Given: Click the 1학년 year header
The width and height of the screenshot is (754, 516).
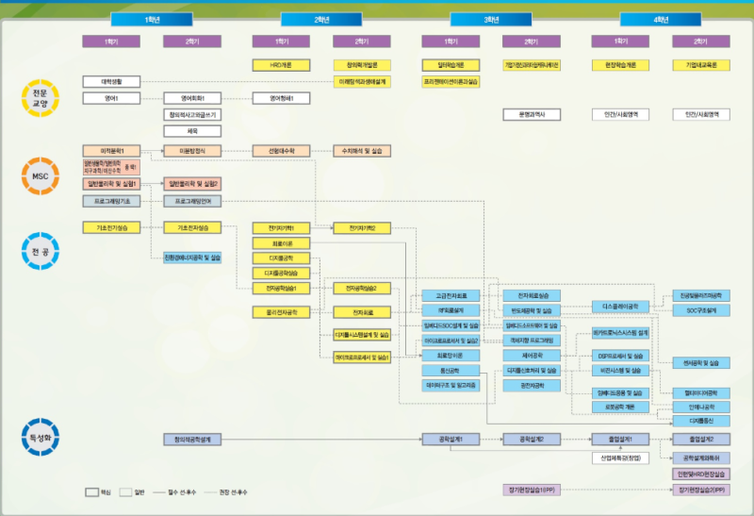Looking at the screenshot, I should pos(152,19).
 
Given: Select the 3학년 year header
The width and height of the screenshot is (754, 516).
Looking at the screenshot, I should pos(491,19).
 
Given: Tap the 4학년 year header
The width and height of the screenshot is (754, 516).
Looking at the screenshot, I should pos(661,19).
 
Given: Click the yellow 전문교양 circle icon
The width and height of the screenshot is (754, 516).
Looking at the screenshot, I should pos(39,98).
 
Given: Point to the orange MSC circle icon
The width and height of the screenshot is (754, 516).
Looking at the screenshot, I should pos(39,175).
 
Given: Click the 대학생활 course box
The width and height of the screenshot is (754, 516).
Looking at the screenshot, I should pos(111,81).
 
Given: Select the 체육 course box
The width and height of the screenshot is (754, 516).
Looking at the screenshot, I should pos(192,131).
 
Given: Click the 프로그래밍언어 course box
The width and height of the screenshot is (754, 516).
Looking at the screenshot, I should pos(192,201).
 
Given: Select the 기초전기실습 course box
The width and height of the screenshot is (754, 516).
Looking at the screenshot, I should pos(111,227).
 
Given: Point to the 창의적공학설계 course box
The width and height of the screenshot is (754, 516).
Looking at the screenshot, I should pos(192,440).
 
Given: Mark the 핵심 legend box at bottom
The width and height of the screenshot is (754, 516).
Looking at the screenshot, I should pos(92,492).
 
